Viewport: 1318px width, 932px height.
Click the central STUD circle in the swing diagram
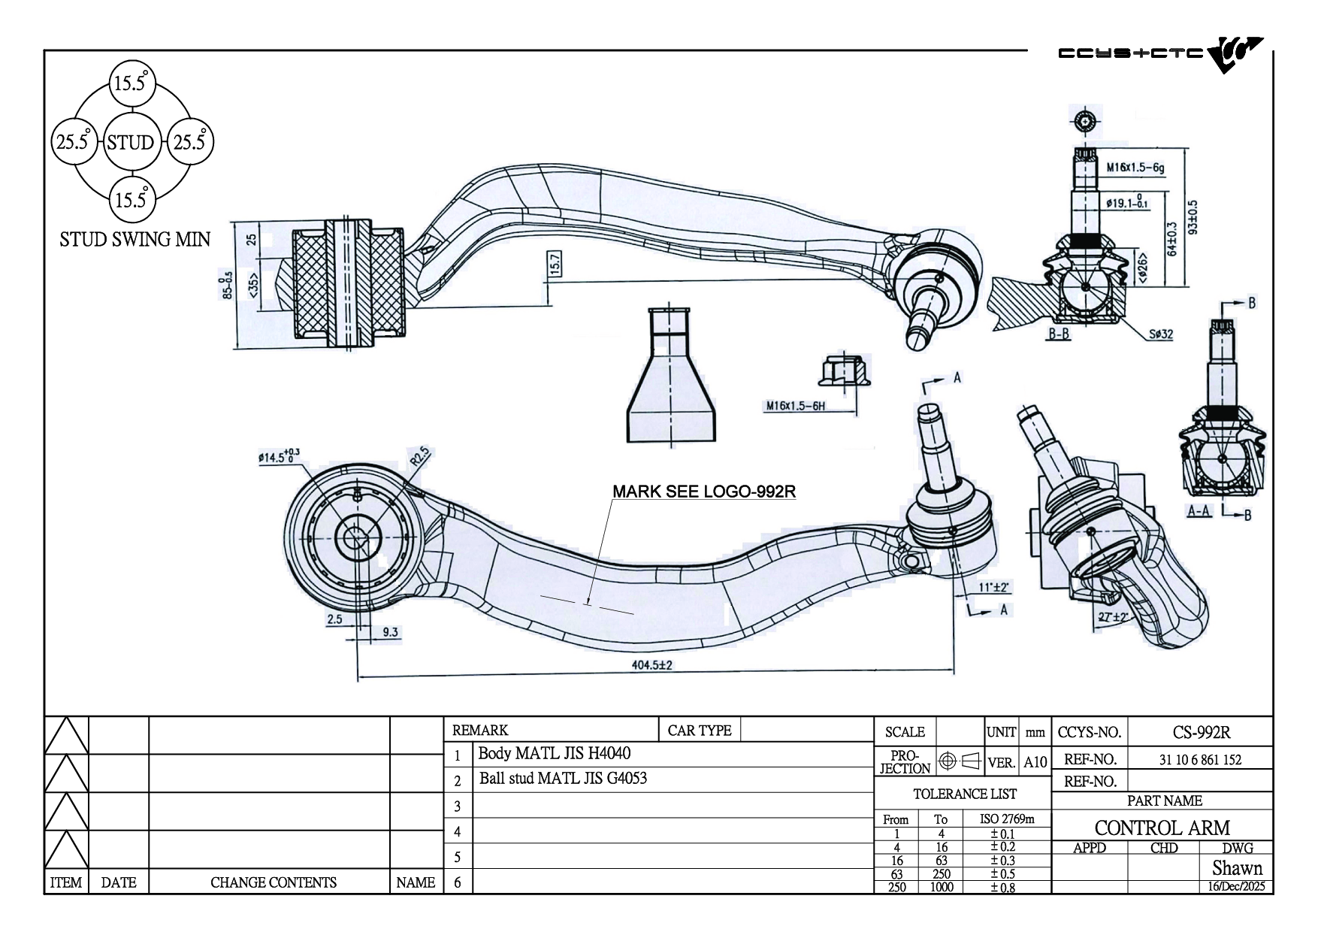[x=131, y=142]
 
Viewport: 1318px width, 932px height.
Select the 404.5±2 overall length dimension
[x=650, y=666]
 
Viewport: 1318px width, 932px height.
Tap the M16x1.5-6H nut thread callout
[x=796, y=406]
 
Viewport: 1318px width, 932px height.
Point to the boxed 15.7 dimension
[x=555, y=265]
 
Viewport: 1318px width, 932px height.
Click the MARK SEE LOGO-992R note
[x=704, y=492]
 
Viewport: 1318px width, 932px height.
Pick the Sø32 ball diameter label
[x=1160, y=334]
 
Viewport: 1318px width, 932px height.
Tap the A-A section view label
[x=1198, y=511]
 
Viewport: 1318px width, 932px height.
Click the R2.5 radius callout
[x=419, y=458]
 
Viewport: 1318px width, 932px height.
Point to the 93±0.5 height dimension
[x=1193, y=216]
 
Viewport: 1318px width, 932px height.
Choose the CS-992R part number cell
[x=1201, y=732]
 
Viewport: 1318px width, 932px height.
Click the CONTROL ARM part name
[x=1162, y=828]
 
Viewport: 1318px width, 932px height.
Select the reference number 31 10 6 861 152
[x=1200, y=760]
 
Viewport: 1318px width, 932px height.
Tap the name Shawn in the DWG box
[x=1237, y=868]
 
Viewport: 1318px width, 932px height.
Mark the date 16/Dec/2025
[x=1236, y=886]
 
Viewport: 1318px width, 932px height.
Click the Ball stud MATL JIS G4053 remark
[x=563, y=779]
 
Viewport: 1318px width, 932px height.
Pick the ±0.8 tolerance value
[x=1002, y=887]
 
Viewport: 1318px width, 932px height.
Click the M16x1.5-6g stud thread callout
[x=1135, y=168]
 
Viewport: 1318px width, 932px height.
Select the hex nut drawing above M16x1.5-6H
[x=844, y=369]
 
